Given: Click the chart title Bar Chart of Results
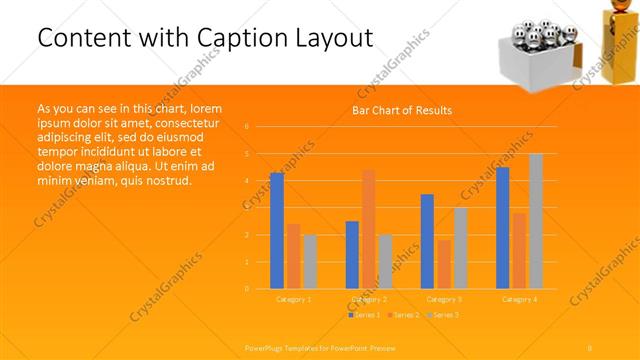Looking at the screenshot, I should (x=402, y=110).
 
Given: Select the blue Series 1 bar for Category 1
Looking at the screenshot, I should (x=277, y=231).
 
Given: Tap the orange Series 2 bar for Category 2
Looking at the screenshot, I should (x=369, y=229).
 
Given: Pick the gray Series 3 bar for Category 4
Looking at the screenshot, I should (x=536, y=221).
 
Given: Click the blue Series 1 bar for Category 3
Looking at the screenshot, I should (x=427, y=241).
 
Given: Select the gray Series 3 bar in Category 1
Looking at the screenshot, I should (x=310, y=261).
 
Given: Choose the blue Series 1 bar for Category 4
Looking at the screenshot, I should (x=502, y=228).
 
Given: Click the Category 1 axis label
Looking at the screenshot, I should (x=294, y=299).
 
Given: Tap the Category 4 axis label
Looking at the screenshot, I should (x=519, y=299).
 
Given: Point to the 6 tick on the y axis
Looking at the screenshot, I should (x=247, y=127).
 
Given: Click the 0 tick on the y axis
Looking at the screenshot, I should (x=247, y=288).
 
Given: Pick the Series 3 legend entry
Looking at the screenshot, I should (x=444, y=315).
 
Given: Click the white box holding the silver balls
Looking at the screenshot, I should (x=531, y=65).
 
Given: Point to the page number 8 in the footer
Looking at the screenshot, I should (x=590, y=347).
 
